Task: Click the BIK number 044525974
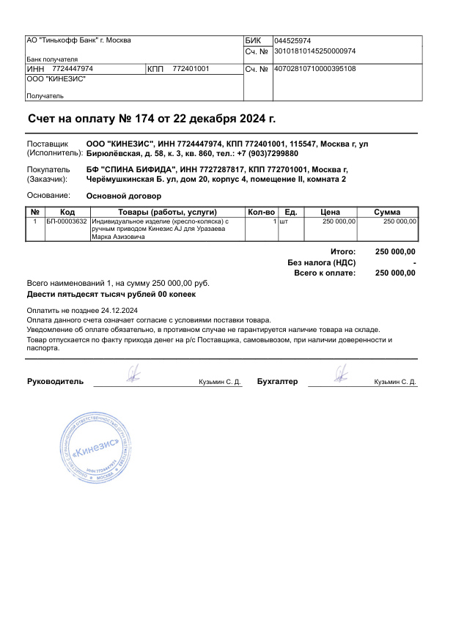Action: click(292, 40)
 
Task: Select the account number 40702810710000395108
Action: click(314, 69)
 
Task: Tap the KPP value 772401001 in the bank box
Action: click(191, 69)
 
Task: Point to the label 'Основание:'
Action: click(48, 196)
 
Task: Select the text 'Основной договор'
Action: click(123, 196)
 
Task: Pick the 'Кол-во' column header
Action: click(261, 213)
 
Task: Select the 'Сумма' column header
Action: click(387, 213)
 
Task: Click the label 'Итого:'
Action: click(343, 251)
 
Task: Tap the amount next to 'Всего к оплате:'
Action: click(395, 273)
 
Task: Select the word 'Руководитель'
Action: click(55, 382)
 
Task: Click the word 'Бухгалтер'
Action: click(278, 382)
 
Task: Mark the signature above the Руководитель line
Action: click(133, 374)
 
